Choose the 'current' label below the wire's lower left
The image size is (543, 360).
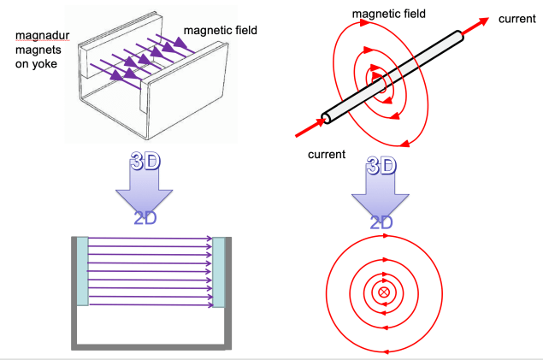327,155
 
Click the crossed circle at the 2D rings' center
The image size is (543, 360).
383,293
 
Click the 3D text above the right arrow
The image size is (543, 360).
381,164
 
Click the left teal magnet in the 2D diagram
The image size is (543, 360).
82,270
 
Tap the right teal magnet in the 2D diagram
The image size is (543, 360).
218,270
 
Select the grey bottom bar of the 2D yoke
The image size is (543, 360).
151,345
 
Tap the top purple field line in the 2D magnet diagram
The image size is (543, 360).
150,239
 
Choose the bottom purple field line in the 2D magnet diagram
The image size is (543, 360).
150,303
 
